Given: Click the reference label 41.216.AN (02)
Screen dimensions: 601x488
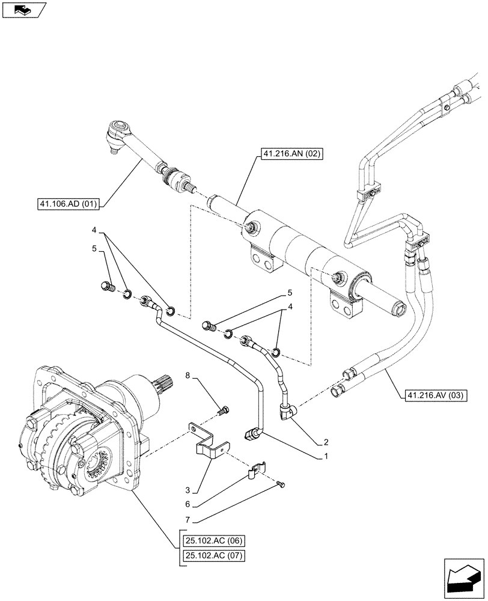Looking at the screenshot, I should coord(292,154).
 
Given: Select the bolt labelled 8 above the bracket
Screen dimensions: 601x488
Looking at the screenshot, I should coord(224,410).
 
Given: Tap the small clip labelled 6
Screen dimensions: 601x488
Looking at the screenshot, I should coord(255,469).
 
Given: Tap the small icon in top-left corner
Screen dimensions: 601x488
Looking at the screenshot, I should coord(24,10).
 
